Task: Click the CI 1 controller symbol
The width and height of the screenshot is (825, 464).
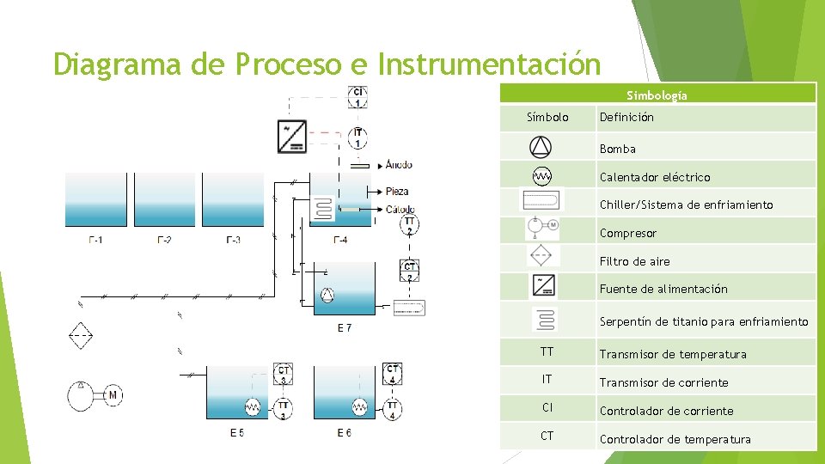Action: [358, 97]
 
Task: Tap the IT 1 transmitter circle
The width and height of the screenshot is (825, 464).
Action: [358, 137]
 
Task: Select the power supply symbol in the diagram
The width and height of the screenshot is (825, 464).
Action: [292, 137]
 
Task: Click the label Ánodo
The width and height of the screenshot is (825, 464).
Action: [399, 164]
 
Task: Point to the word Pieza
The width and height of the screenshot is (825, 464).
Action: [397, 191]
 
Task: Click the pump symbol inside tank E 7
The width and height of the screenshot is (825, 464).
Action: [327, 296]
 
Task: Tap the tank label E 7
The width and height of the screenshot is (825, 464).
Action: [344, 327]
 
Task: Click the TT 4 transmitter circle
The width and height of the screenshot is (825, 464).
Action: [393, 409]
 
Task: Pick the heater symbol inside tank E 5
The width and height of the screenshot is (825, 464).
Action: [253, 407]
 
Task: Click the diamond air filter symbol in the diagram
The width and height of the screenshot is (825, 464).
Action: [81, 334]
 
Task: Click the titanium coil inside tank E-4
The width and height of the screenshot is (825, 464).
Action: [322, 209]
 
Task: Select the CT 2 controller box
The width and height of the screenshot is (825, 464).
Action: [410, 271]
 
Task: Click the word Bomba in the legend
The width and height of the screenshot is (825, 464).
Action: [617, 149]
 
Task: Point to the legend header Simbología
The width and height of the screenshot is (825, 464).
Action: [657, 95]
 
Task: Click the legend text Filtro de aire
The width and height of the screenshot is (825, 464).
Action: [634, 261]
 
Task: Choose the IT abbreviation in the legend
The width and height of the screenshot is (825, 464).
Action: [547, 379]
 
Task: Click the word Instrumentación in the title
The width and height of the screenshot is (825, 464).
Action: [489, 64]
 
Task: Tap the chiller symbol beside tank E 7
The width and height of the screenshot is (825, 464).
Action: [408, 307]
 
